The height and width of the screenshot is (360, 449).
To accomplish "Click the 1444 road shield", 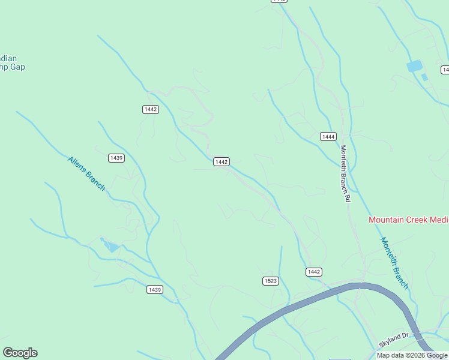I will pyautogui.click(x=328, y=137).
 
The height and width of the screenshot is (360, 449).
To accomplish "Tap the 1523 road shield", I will pyautogui.click(x=271, y=281).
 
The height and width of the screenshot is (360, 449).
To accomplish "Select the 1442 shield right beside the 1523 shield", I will pyautogui.click(x=314, y=272).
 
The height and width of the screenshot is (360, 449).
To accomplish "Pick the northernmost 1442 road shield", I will pyautogui.click(x=151, y=109).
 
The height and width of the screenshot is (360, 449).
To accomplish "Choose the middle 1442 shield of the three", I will pyautogui.click(x=221, y=162).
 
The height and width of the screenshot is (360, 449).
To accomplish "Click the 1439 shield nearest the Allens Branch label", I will pyautogui.click(x=116, y=158).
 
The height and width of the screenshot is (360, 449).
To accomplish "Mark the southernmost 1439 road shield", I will pyautogui.click(x=155, y=290).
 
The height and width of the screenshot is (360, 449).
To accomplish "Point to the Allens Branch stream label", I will pyautogui.click(x=86, y=173).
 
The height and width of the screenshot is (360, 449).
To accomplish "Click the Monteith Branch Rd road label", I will pyautogui.click(x=345, y=173).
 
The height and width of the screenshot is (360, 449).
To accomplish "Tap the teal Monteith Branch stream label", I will pyautogui.click(x=394, y=263).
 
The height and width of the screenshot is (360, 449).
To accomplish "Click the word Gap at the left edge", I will pyautogui.click(x=17, y=67).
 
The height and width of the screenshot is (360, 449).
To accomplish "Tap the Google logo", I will pyautogui.click(x=20, y=353).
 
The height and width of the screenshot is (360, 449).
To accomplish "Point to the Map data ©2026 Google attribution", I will pyautogui.click(x=412, y=355).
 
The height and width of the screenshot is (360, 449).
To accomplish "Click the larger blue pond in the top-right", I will pyautogui.click(x=414, y=66).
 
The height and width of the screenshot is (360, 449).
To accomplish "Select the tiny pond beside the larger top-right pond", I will pyautogui.click(x=425, y=77).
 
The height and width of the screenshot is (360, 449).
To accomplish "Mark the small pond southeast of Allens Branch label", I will pyautogui.click(x=111, y=245).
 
